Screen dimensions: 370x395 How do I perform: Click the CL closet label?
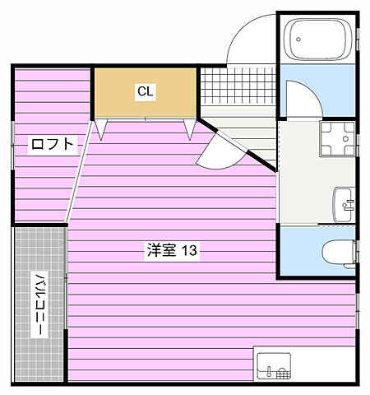click(x=146, y=91)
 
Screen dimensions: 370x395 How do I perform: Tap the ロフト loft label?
click(x=53, y=144)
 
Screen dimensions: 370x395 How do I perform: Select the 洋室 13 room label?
click(x=172, y=250)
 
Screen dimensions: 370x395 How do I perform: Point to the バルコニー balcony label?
click(x=39, y=304)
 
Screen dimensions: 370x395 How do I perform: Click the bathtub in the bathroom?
click(x=317, y=39)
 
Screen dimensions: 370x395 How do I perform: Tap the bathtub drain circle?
click(x=298, y=39)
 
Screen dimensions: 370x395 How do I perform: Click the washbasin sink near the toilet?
click(x=344, y=205)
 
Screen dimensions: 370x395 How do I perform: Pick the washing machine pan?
click(x=337, y=139)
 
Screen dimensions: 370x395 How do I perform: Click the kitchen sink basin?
click(x=274, y=366)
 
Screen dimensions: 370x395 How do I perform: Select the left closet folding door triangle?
click(x=101, y=128)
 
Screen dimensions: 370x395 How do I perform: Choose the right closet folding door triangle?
click(x=190, y=128)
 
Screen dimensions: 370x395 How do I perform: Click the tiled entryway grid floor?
click(x=238, y=86)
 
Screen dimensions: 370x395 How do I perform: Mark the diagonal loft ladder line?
click(x=79, y=171)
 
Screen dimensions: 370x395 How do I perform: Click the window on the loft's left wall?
click(x=12, y=146)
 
